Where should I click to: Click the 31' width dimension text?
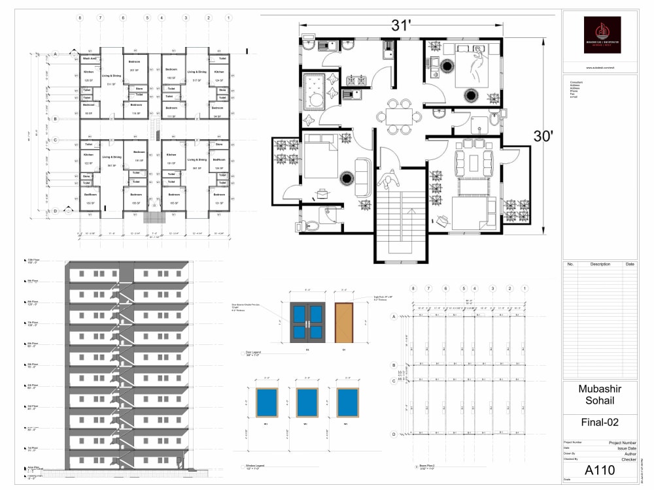pyautogui.click(x=401, y=25)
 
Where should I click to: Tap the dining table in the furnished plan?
pyautogui.click(x=399, y=116)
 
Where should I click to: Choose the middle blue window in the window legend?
pyautogui.click(x=307, y=402)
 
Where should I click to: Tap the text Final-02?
pyautogui.click(x=600, y=422)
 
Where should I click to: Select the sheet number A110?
pyautogui.click(x=600, y=470)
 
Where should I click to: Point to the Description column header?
pyautogui.click(x=600, y=265)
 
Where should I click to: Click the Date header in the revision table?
pyautogui.click(x=629, y=265)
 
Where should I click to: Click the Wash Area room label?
pyautogui.click(x=90, y=59)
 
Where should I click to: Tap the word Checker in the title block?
pyautogui.click(x=628, y=459)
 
